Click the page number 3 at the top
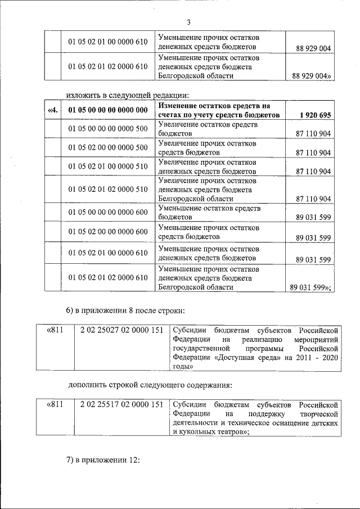point(188,22)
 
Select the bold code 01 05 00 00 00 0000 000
point(107,110)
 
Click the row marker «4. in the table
point(53,110)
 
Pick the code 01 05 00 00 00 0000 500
point(107,129)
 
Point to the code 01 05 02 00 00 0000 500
point(107,147)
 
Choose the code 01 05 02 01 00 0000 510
point(107,166)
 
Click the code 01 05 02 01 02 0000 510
point(107,190)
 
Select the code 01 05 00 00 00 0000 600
point(107,212)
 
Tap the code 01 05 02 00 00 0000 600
point(107,232)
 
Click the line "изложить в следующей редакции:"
point(128,93)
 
